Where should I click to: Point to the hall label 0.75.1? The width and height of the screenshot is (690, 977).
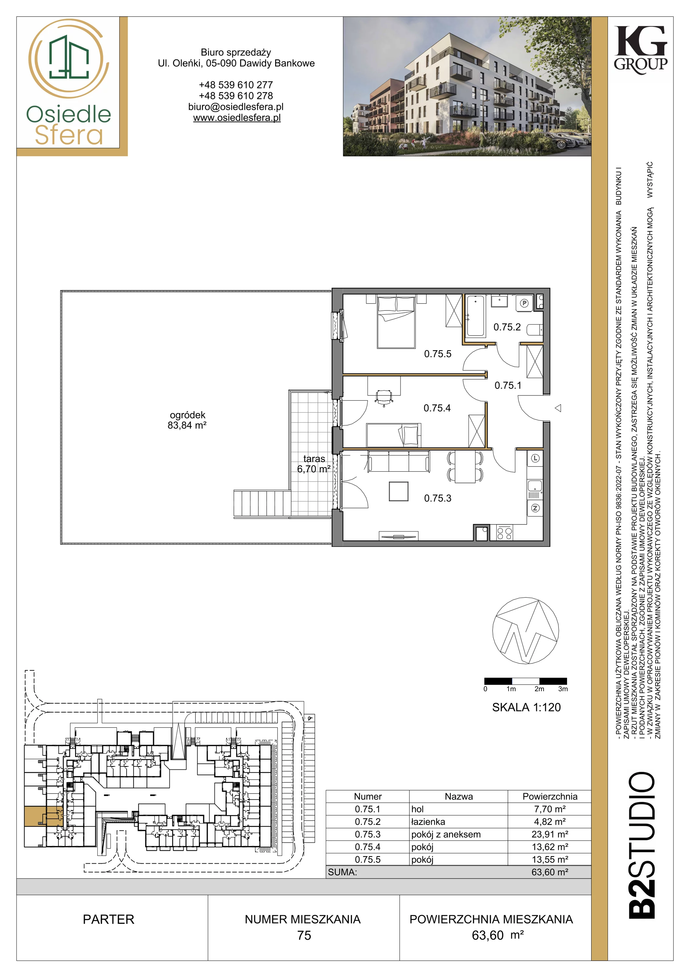(508, 386)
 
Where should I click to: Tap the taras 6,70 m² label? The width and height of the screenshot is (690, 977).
(314, 464)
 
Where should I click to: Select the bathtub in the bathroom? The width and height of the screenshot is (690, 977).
(475, 316)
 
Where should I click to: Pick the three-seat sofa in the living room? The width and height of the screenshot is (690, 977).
(399, 462)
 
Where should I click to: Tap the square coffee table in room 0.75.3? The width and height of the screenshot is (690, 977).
(399, 492)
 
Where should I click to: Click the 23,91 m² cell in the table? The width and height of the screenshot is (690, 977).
(550, 834)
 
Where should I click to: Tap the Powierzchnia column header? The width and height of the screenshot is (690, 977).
(550, 797)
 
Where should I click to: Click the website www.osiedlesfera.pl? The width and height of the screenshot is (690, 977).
(237, 118)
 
